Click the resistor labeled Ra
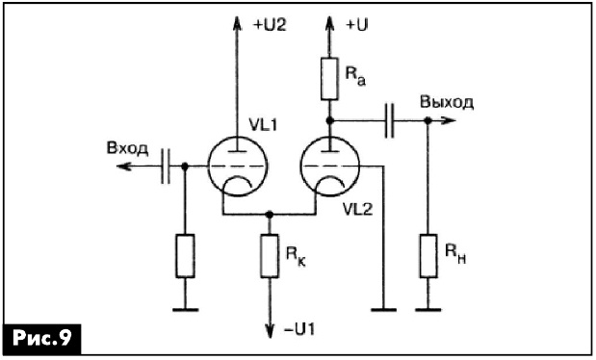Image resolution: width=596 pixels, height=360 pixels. coord(329,79)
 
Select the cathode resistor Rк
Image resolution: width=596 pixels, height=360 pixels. coord(269,256)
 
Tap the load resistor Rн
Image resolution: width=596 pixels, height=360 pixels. coord(428,256)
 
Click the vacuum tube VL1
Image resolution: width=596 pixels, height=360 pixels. coord(238,167)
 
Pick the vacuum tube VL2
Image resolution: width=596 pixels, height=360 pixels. coord(329,167)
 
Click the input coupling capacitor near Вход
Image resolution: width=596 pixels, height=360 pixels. coord(166,167)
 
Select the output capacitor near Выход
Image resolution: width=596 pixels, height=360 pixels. coord(389,120)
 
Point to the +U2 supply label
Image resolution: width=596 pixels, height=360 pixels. coord(270,25)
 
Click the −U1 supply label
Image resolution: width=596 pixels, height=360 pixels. coord(299,329)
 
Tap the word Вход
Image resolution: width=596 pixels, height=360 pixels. coord(127,148)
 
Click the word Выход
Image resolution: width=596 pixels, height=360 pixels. coord(447,102)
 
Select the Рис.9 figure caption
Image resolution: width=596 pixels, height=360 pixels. coord(41,338)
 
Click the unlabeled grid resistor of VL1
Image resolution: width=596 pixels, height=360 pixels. coord(185,256)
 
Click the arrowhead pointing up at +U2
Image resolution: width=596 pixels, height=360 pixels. coord(237,23)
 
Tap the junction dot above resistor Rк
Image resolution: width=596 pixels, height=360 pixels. coord(269,215)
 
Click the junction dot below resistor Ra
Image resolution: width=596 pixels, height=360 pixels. coord(329,120)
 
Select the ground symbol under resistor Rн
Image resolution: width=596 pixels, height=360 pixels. coord(428,310)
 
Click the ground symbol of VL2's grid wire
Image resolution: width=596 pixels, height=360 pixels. coord(383,310)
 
